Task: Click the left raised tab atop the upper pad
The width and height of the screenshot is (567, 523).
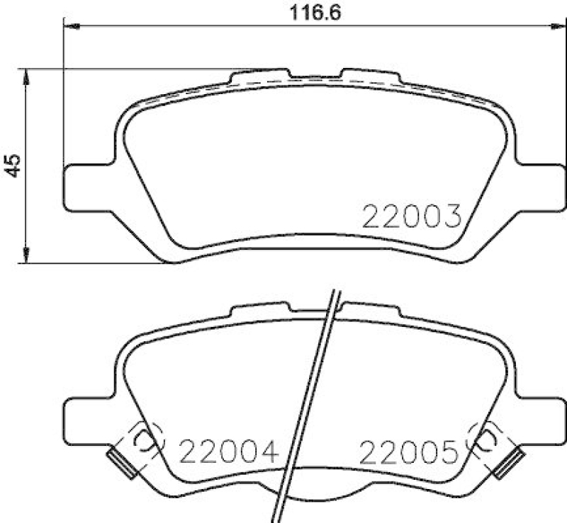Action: (x=260, y=74)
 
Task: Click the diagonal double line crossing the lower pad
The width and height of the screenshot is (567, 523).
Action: (x=315, y=396)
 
